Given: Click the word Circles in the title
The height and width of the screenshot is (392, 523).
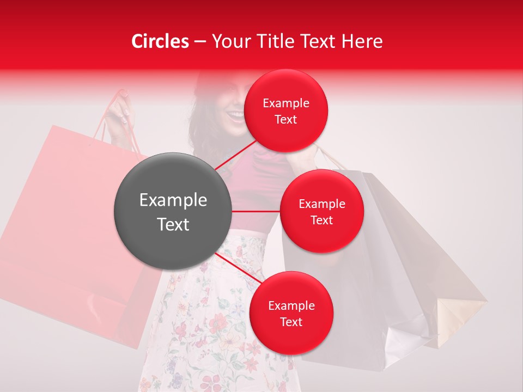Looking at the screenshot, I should coord(160,41).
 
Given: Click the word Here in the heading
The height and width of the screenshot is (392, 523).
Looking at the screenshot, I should coord(362,41).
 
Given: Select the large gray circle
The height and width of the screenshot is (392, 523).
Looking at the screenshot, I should coord(173,211).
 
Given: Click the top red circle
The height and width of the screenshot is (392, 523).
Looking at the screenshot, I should coord(286,111).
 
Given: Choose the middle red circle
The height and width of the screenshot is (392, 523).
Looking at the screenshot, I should coord(322,211).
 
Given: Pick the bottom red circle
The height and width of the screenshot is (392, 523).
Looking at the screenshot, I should coord(291,313).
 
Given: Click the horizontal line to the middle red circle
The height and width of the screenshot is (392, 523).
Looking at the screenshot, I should coord(256,211).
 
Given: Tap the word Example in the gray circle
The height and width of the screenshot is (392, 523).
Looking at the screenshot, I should coord(173,200).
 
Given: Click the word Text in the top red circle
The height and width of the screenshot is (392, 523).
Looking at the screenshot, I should coord(286,119).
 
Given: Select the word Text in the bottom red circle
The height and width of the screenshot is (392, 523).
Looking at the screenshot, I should coord(291,322).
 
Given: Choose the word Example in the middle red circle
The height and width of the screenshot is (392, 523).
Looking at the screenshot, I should coord(322,204).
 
